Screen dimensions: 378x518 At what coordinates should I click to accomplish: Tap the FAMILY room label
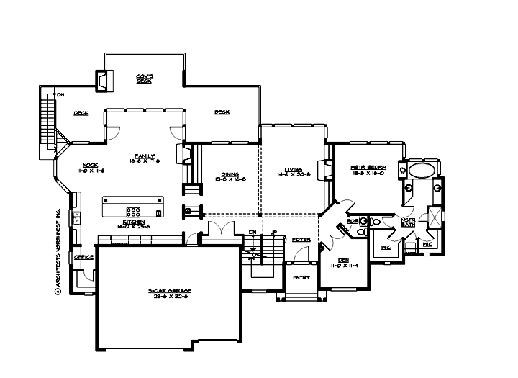click(x=144, y=158)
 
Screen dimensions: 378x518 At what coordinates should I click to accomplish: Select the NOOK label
click(x=90, y=167)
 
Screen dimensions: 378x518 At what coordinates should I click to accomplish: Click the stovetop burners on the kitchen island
click(x=133, y=212)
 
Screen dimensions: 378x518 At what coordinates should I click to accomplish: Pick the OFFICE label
click(x=83, y=256)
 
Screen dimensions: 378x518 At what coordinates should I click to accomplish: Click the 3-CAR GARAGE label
click(x=170, y=292)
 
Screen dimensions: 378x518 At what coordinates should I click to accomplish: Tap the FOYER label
click(x=301, y=238)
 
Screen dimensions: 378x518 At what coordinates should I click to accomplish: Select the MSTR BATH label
click(x=408, y=222)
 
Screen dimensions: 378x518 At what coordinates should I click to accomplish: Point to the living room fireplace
click(x=327, y=171)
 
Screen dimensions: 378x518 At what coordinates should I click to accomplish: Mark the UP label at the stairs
click(x=274, y=232)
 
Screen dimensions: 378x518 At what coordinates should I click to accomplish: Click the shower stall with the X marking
click(x=436, y=217)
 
